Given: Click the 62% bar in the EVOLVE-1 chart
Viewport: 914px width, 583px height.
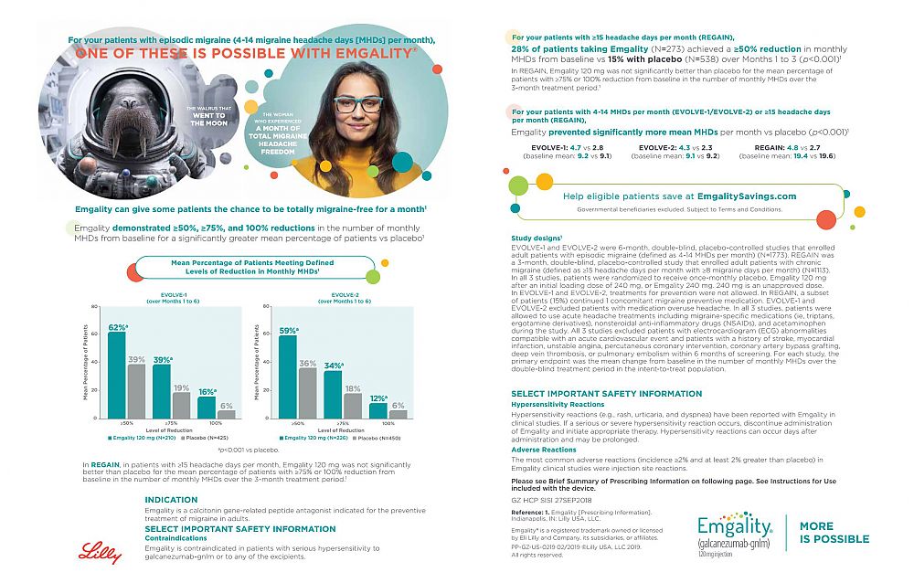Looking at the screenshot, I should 117,375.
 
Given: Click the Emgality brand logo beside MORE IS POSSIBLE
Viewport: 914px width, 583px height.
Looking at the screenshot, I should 735,534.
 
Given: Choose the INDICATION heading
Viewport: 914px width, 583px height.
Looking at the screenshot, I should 171,500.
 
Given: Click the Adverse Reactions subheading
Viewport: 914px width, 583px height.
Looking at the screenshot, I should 544,450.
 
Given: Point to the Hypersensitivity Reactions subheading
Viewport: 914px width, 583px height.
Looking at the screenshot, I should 557,403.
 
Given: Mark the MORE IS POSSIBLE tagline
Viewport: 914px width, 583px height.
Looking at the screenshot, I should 834,533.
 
